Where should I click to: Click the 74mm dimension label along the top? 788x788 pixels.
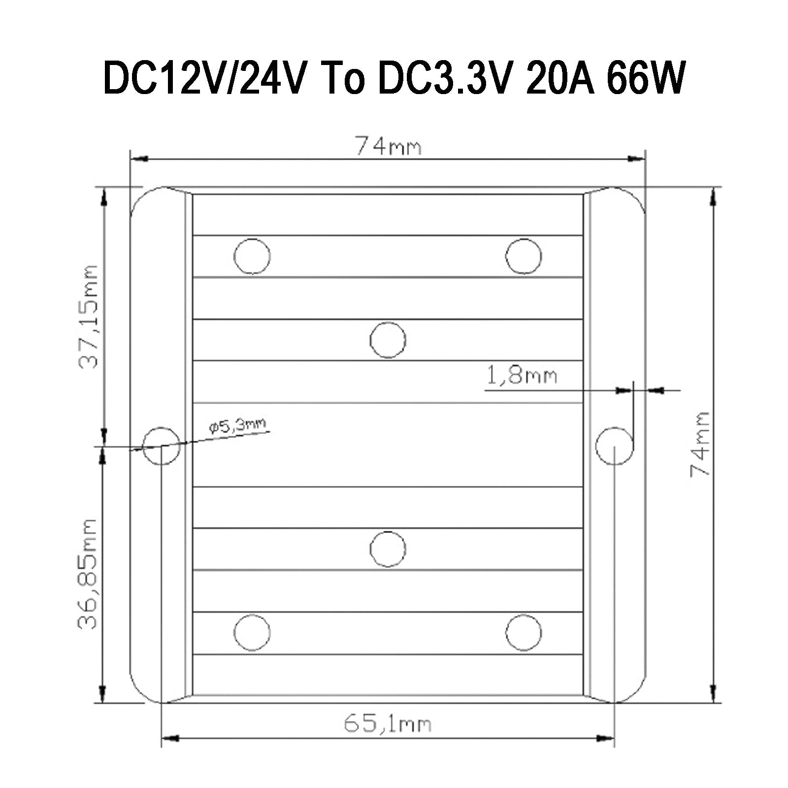pyautogui.click(x=389, y=146)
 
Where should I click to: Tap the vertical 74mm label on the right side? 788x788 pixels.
pyautogui.click(x=699, y=444)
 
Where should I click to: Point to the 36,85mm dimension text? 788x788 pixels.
pyautogui.click(x=89, y=574)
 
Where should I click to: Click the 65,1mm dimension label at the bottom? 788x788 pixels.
pyautogui.click(x=387, y=724)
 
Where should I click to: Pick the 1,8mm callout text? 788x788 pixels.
pyautogui.click(x=522, y=376)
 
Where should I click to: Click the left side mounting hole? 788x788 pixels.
pyautogui.click(x=161, y=446)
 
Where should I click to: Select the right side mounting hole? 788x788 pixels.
pyautogui.click(x=614, y=446)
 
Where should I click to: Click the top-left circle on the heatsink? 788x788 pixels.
pyautogui.click(x=252, y=256)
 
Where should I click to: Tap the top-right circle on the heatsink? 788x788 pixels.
pyautogui.click(x=524, y=256)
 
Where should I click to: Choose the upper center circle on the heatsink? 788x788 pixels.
pyautogui.click(x=388, y=340)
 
